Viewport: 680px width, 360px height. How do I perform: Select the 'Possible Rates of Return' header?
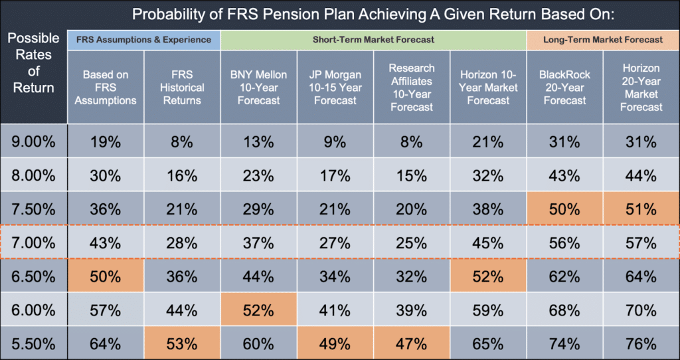tap(33, 62)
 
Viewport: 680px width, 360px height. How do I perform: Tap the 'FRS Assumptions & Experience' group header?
tap(143, 40)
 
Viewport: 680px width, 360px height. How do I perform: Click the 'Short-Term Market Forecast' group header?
tap(373, 40)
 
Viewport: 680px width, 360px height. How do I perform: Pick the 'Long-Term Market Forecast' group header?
tap(603, 40)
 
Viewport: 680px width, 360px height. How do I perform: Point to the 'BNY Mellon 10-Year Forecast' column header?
tap(258, 87)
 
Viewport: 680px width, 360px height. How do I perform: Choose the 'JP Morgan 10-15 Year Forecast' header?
tap(335, 87)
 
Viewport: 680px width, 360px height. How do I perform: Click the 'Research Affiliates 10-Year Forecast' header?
tap(412, 87)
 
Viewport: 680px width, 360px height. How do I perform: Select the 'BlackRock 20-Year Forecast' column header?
tap(564, 87)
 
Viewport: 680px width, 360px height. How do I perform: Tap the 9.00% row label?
tap(33, 141)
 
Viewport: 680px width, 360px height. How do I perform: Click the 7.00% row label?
tap(33, 242)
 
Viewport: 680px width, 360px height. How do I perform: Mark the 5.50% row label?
tap(33, 344)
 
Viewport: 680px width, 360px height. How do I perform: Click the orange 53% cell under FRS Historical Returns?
tap(182, 344)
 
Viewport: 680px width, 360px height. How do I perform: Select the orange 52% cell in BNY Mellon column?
tap(258, 310)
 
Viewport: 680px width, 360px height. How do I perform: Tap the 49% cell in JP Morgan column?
tap(335, 344)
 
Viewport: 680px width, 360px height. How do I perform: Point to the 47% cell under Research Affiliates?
tap(412, 344)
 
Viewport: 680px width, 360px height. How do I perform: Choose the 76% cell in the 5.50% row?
tap(641, 344)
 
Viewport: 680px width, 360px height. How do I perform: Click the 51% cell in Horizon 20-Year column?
tap(641, 209)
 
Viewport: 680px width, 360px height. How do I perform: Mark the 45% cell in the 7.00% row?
tap(488, 242)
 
